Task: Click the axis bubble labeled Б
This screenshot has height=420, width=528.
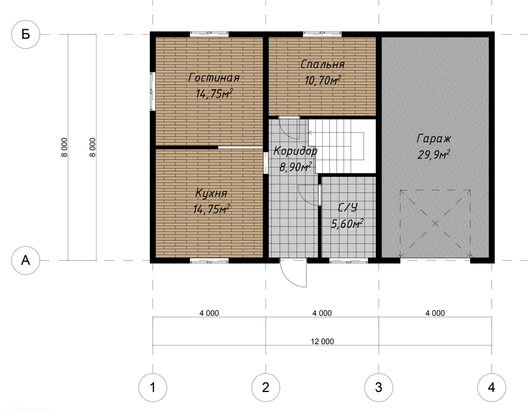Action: coord(26,34)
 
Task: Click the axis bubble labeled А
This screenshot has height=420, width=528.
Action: coord(26,260)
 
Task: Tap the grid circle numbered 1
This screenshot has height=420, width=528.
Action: coord(153,387)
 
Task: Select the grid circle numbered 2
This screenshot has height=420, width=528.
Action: coord(266,387)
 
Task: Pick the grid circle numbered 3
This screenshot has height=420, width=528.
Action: coord(379,387)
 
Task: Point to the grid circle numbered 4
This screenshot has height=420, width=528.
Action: coord(491,387)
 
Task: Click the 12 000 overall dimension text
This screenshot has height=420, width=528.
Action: coord(322,341)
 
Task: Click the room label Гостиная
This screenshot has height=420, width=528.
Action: coord(214,77)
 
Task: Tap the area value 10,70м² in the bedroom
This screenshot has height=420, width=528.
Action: coord(323,80)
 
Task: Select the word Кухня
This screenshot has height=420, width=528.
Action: coord(211,193)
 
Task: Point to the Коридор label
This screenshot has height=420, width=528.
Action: coord(295,151)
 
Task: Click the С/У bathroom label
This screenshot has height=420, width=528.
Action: coord(348,207)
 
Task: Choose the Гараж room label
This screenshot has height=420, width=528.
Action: coord(434,139)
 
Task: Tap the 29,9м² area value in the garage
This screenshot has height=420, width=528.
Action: coord(434,155)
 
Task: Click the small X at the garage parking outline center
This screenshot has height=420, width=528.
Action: coord(435,223)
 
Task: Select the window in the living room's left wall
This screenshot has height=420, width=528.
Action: coord(152,91)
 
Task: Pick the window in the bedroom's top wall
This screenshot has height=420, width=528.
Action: coord(322,34)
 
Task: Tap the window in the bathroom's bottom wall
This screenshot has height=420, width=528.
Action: coord(348,261)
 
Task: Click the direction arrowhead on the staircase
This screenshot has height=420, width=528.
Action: coord(310,133)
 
